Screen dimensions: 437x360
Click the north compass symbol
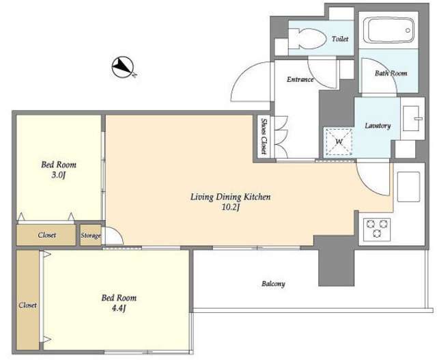pyautogui.click(x=123, y=67)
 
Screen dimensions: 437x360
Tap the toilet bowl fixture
pyautogui.click(x=307, y=38)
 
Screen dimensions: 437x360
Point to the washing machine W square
pyautogui.click(x=339, y=141)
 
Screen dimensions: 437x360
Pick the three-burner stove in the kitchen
pyautogui.click(x=377, y=228)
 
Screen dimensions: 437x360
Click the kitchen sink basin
pyautogui.click(x=408, y=186)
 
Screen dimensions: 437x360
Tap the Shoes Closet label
pyautogui.click(x=264, y=137)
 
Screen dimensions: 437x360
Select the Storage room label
pyautogui.click(x=91, y=236)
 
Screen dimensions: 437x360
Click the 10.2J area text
pyautogui.click(x=231, y=208)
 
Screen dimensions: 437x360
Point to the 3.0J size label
pyautogui.click(x=59, y=176)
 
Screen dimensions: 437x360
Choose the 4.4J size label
pyautogui.click(x=119, y=309)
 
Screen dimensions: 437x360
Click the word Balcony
pyautogui.click(x=273, y=284)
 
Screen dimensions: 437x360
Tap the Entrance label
pyautogui.click(x=300, y=79)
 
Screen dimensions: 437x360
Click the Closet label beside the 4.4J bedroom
pyautogui.click(x=27, y=305)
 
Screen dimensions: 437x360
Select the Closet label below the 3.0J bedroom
pyautogui.click(x=47, y=235)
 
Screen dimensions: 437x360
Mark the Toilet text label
pyautogui.click(x=340, y=39)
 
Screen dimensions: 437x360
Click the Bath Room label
pyautogui.click(x=391, y=73)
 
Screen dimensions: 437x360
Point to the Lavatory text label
pyautogui.click(x=378, y=126)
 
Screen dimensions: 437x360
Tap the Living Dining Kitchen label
pyautogui.click(x=231, y=197)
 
